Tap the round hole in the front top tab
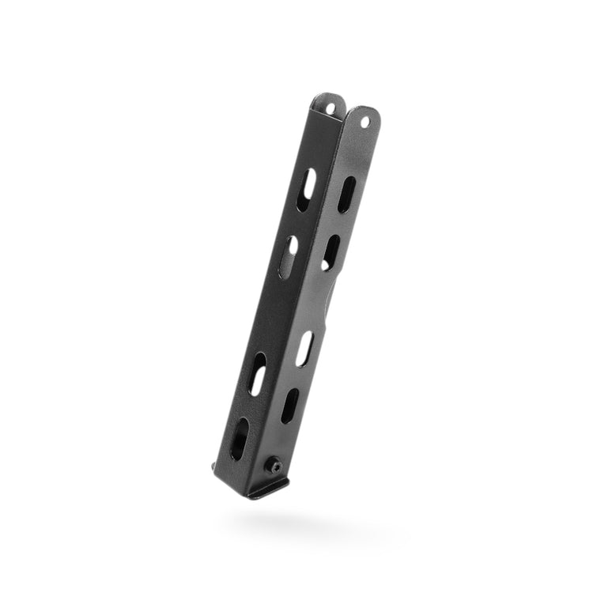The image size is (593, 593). point(365,123)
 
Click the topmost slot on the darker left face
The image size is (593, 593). point(306,190)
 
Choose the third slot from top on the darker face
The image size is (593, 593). point(259,374)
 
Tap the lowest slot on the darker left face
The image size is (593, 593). point(239,439)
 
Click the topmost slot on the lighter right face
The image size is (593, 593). point(346,195)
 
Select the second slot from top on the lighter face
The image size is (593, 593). point(330,252)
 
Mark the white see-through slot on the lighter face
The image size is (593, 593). point(305,348)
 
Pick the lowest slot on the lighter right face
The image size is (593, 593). point(289,406)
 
